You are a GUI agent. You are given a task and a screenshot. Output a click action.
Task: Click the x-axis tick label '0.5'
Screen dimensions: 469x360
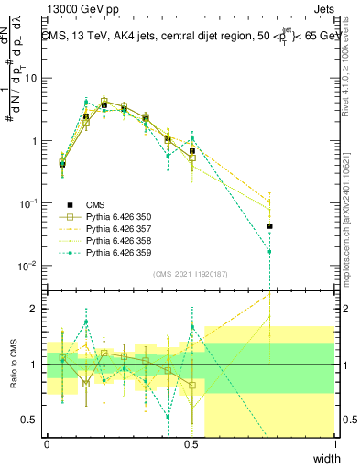click(191, 444)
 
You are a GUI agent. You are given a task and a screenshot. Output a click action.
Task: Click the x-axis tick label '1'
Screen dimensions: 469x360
click(335, 444)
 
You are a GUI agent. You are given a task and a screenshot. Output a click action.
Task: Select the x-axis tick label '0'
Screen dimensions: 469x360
click(47, 444)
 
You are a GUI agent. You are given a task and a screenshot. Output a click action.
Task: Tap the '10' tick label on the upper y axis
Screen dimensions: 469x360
click(33, 79)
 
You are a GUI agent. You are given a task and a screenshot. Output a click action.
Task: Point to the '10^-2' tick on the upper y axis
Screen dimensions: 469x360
click(30, 266)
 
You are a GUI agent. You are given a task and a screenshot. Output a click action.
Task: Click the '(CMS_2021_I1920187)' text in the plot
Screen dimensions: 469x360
click(191, 272)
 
